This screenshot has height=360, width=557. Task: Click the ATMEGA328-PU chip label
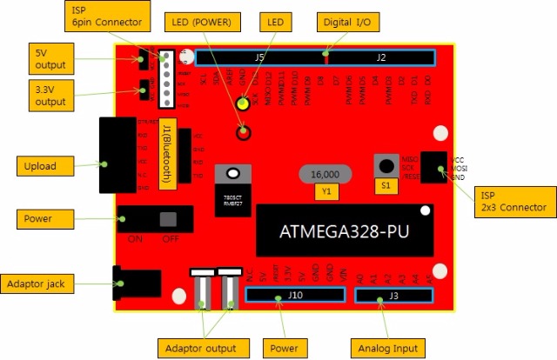(345, 232)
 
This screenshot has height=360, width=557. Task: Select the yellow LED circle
(245, 105)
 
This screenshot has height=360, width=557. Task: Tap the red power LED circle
(245, 132)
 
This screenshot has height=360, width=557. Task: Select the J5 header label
(258, 57)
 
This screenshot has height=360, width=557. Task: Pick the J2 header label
(381, 57)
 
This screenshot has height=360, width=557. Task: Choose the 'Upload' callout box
(41, 165)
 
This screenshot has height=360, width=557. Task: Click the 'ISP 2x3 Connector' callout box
(511, 201)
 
